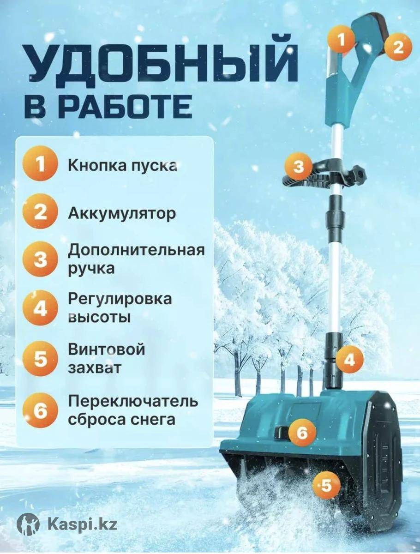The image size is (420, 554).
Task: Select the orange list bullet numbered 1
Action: [x=40, y=164]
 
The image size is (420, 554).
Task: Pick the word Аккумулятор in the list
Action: [x=121, y=214]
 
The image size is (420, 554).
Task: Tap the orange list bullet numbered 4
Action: [x=40, y=308]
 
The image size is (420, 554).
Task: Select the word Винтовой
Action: [x=107, y=350]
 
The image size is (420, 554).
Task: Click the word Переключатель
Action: [x=133, y=401]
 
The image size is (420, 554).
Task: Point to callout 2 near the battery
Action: [x=398, y=47]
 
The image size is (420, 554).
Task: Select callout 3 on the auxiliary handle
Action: [x=299, y=167]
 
